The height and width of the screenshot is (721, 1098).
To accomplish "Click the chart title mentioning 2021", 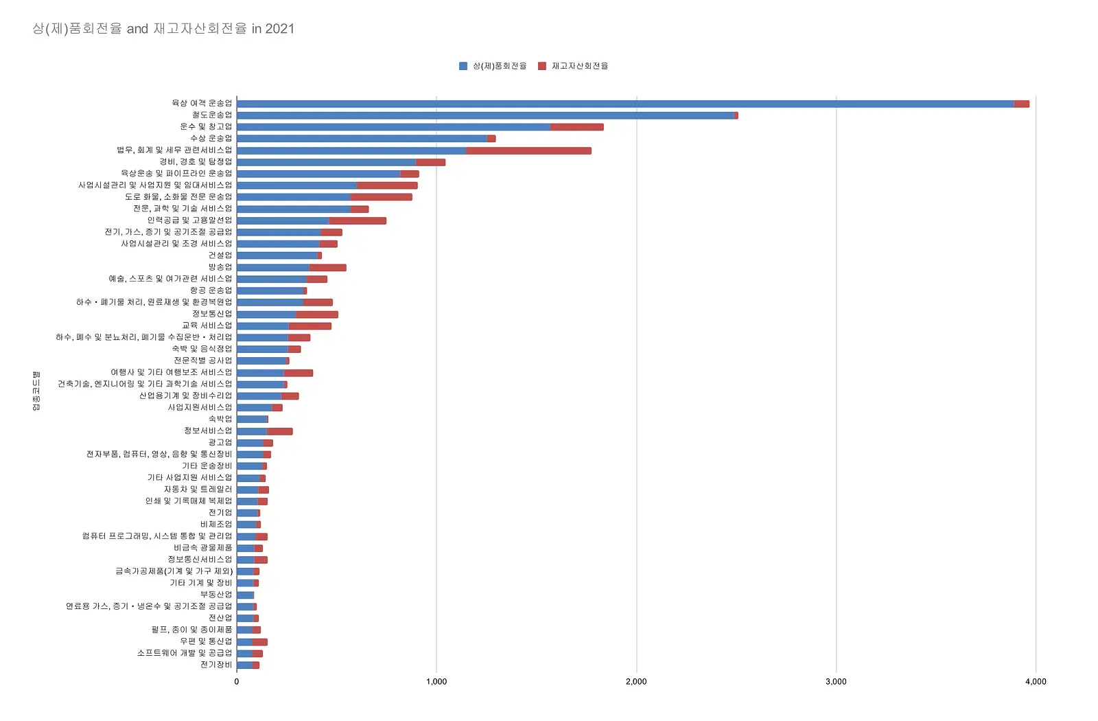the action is (163, 28).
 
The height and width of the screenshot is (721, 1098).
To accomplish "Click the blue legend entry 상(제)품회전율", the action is (493, 66).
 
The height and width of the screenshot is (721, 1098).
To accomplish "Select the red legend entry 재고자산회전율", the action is (573, 66).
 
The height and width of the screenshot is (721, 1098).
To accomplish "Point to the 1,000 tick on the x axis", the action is (436, 681).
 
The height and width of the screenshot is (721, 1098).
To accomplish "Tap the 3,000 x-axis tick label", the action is (836, 681).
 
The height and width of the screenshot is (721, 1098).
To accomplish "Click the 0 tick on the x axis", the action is (237, 681).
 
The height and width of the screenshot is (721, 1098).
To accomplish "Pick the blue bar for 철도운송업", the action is (485, 115).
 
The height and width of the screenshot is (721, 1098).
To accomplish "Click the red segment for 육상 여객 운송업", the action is (1022, 104).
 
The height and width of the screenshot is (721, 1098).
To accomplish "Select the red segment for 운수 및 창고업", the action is (577, 127).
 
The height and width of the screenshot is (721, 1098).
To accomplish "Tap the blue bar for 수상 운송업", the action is (362, 139).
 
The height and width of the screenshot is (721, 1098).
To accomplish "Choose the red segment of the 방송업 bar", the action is (327, 268).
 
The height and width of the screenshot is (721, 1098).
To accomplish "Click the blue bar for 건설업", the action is (277, 255).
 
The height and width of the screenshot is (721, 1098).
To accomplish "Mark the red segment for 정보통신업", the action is (316, 314).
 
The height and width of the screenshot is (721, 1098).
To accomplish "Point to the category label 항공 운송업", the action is (211, 290).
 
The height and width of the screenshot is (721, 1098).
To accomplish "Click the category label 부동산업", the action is (216, 595).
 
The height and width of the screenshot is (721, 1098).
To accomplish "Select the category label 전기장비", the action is (216, 665).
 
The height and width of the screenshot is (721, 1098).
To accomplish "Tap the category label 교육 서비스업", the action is (207, 325).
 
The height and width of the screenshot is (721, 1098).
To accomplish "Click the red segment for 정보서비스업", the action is (279, 432).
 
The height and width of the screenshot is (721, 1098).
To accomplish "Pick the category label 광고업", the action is (220, 442).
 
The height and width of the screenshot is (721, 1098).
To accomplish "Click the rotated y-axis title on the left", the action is (36, 391).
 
